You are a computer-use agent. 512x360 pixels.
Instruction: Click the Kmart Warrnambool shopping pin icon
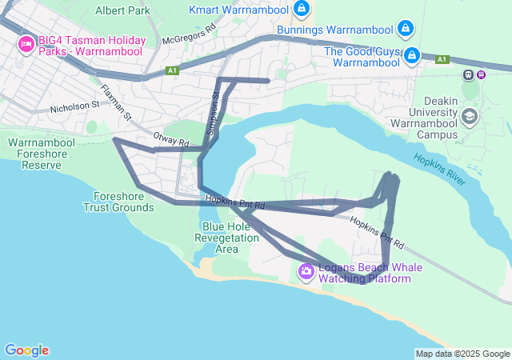[x=301, y=10]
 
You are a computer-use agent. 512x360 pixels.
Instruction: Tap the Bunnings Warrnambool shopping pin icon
[x=406, y=30]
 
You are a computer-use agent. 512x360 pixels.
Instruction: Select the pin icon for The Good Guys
[x=412, y=55]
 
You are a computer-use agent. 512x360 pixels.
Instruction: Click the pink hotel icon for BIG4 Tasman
[x=25, y=43]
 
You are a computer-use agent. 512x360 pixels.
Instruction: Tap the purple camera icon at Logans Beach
[x=306, y=272]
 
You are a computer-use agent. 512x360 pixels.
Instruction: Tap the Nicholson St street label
[x=74, y=104]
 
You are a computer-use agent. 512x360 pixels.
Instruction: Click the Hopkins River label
[x=439, y=170]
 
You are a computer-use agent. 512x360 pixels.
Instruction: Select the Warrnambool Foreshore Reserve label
[x=41, y=154]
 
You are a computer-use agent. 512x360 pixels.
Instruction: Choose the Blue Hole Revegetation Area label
[x=227, y=238]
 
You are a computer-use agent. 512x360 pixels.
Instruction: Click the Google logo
[x=26, y=350]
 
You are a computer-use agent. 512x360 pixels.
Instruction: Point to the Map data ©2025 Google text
[x=462, y=354]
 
